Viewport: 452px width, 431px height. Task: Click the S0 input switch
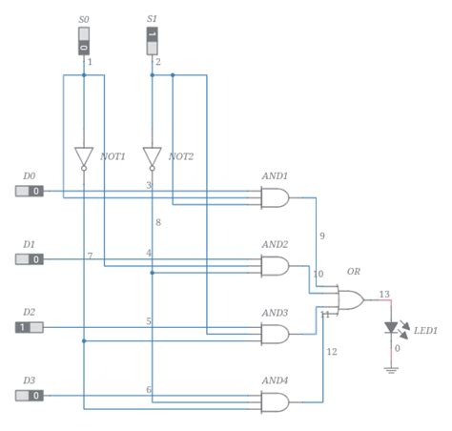click(84, 40)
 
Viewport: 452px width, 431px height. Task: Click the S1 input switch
click(152, 40)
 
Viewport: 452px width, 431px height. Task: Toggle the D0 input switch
click(30, 191)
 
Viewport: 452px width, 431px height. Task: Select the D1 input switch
click(30, 258)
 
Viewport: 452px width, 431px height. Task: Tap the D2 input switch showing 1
click(30, 327)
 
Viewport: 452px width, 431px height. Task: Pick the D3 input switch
click(30, 395)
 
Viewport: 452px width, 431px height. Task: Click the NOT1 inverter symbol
click(84, 156)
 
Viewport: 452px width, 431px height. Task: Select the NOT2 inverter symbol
click(152, 156)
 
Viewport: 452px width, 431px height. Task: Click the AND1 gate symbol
click(276, 197)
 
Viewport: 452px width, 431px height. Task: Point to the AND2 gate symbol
click(276, 265)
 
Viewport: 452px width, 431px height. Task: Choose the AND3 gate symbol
click(276, 334)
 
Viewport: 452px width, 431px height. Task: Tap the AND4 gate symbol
click(276, 401)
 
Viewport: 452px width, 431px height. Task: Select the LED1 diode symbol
click(391, 327)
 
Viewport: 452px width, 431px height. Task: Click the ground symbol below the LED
click(391, 368)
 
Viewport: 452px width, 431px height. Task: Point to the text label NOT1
click(113, 156)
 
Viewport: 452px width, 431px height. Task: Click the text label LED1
click(425, 331)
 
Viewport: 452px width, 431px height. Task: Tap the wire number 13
click(383, 294)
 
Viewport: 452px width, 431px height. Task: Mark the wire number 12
click(332, 352)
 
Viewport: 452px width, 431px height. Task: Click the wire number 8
click(158, 222)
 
